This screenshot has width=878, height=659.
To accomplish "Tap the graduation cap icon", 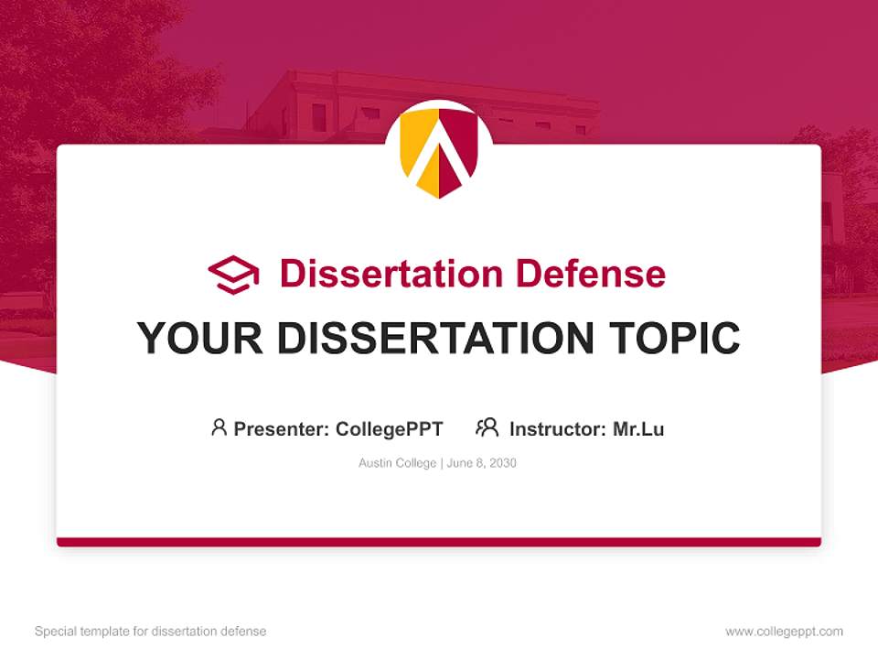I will coord(233,275).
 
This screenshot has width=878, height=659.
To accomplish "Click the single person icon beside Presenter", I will coord(219,427).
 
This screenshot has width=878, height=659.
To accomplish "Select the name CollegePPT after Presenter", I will coord(390,428).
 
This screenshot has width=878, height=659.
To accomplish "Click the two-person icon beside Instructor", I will coord(487,427).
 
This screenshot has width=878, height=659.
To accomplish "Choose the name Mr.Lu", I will coord(638,428).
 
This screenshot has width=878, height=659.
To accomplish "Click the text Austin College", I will coord(397,463).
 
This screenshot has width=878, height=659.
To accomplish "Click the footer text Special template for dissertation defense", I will coord(151,632).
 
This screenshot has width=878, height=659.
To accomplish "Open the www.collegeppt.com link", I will coord(784,632).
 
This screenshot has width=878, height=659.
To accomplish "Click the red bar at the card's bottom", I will coord(439,542).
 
